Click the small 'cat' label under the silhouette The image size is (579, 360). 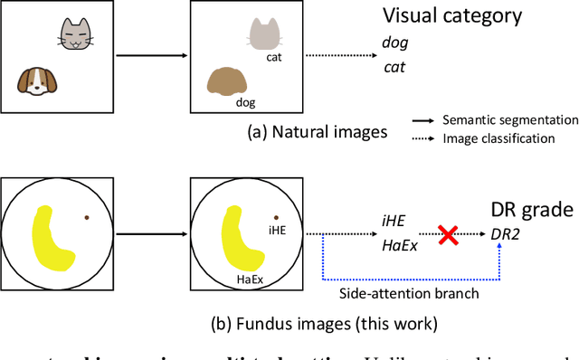[x=273, y=57]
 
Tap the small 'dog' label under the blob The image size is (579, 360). [x=245, y=102]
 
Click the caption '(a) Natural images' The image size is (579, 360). [x=318, y=131]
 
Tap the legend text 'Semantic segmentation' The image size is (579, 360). [x=509, y=119]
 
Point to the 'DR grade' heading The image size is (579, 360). [x=532, y=211]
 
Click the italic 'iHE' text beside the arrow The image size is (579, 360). [x=393, y=221]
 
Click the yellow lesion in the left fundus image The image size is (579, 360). [x=52, y=238]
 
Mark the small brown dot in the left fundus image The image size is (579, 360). [x=87, y=217]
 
